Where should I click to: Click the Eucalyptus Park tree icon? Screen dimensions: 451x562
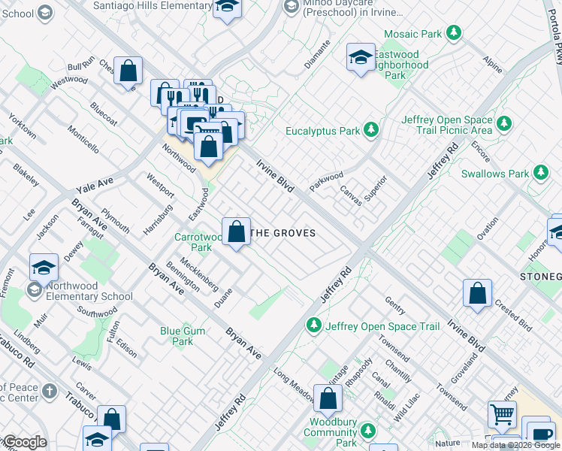(x=370, y=131)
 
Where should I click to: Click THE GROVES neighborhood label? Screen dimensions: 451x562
(x=282, y=233)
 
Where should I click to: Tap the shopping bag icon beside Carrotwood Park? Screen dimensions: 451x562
(x=237, y=232)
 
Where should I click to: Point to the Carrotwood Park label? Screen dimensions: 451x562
(x=198, y=241)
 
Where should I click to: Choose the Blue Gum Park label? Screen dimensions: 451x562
(x=177, y=336)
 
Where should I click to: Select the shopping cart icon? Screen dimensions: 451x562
(x=502, y=413)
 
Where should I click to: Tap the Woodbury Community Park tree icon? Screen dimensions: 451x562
(x=367, y=431)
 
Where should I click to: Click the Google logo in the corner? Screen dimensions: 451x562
(x=24, y=442)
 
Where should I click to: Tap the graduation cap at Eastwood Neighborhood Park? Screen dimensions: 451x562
(x=361, y=56)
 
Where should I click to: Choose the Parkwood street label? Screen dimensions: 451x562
(x=325, y=181)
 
